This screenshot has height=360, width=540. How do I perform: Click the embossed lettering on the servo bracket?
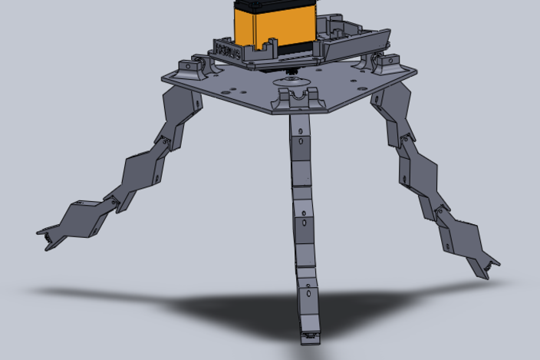pyautogui.click(x=228, y=52)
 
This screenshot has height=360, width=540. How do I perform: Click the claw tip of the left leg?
pyautogui.click(x=50, y=238)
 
